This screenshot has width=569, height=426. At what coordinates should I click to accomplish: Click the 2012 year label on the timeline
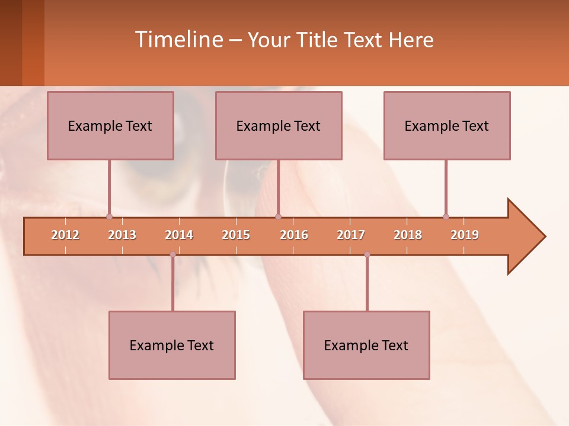click(65, 235)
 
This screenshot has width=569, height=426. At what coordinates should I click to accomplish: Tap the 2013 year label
click(122, 235)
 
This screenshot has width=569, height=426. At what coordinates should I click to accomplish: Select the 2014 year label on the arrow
click(179, 235)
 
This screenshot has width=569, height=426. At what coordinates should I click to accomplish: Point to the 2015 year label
click(236, 235)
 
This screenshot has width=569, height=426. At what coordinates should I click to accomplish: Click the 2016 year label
click(294, 235)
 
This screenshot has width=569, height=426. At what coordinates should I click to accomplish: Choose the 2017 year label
click(351, 235)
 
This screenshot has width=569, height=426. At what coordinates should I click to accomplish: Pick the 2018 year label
click(408, 235)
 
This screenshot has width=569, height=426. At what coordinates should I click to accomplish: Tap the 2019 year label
click(465, 235)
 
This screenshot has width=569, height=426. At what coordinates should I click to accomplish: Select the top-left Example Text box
click(110, 125)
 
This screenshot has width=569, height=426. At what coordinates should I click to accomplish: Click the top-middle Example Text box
click(279, 125)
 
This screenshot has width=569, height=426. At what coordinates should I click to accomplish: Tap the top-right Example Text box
click(447, 125)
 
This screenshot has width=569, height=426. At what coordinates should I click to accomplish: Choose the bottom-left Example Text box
click(172, 345)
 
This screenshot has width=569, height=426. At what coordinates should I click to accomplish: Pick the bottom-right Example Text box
click(366, 345)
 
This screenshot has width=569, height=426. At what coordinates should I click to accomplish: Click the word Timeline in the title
click(178, 40)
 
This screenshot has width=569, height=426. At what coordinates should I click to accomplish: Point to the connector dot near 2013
click(109, 217)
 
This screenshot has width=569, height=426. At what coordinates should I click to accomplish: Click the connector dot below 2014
click(172, 254)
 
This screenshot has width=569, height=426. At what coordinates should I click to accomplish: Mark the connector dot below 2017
click(367, 254)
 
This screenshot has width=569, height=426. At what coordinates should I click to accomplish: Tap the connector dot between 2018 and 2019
click(446, 217)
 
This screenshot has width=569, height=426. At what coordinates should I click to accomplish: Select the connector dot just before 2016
click(278, 217)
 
